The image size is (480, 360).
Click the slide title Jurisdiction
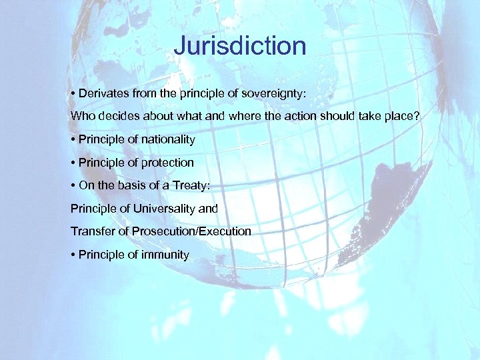(239, 46)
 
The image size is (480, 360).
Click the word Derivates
(104, 93)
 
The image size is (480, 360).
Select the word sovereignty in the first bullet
(269, 93)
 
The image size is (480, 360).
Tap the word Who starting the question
(83, 116)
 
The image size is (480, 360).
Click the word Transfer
(91, 231)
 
